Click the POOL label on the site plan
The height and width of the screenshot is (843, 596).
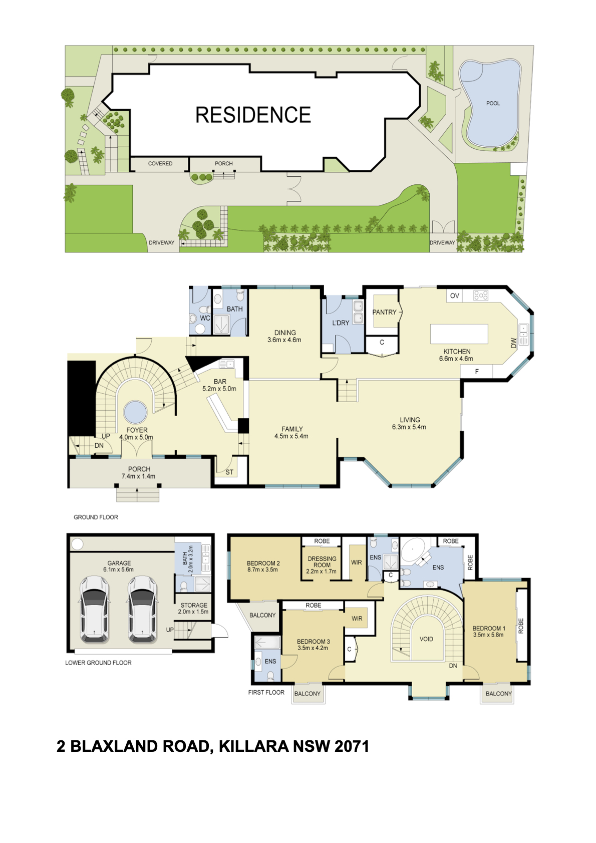coord(493,103)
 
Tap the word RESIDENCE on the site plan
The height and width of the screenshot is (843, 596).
coord(253,115)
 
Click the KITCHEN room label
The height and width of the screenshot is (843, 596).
coord(457,352)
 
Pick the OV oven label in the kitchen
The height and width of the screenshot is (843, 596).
coord(455,296)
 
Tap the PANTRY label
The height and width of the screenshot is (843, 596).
coord(384,312)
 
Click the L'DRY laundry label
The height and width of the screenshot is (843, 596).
coord(341,323)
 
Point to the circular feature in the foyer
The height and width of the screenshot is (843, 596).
coord(135,412)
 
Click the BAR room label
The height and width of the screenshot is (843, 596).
coord(220,382)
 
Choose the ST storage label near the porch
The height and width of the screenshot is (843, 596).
coord(229,472)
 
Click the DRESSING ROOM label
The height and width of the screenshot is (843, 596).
coord(322,561)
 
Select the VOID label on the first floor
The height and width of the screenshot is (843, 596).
coord(426,639)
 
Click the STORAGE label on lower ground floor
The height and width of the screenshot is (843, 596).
coord(194,605)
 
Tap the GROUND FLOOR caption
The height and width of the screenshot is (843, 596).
coord(96,517)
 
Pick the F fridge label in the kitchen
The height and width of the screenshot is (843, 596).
coord(477,372)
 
